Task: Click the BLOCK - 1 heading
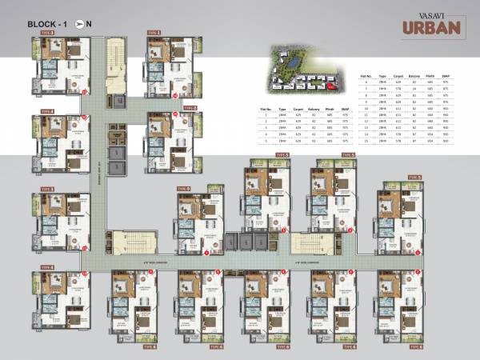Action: click(x=47, y=23)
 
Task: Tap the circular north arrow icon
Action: click(x=78, y=23)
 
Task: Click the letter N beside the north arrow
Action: click(x=89, y=23)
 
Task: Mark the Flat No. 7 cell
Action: click(x=365, y=89)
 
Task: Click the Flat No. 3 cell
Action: click(x=265, y=127)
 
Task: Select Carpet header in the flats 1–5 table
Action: click(x=298, y=107)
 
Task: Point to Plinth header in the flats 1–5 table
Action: click(x=330, y=107)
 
